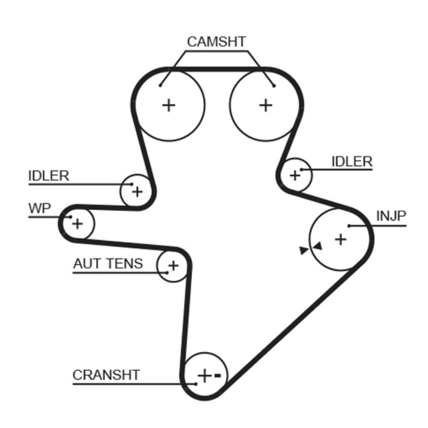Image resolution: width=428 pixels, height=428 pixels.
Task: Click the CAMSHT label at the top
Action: pyautogui.click(x=216, y=42)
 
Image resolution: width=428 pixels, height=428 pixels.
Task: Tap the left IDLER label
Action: pyautogui.click(x=49, y=175)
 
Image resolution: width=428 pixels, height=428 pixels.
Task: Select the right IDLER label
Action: pyautogui.click(x=352, y=162)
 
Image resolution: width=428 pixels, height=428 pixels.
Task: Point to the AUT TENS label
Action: pyautogui.click(x=108, y=263)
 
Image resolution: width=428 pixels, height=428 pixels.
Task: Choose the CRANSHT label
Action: pyautogui.click(x=106, y=375)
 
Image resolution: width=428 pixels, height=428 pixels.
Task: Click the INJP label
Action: pyautogui.click(x=391, y=216)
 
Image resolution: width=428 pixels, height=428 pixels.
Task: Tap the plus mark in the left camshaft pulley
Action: pyautogui.click(x=168, y=105)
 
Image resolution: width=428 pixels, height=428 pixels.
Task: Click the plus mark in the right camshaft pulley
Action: pyautogui.click(x=266, y=105)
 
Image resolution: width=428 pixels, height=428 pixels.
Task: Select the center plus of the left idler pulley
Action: pyautogui.click(x=137, y=192)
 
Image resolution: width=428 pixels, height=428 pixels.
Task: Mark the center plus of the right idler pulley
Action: pyautogui.click(x=295, y=175)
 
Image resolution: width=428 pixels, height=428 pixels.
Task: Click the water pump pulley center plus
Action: pyautogui.click(x=78, y=223)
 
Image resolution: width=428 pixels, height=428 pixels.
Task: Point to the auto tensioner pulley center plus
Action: pyautogui.click(x=174, y=265)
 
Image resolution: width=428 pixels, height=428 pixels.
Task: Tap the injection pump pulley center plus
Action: pyautogui.click(x=340, y=239)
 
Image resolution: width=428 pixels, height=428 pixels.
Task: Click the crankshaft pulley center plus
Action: pyautogui.click(x=204, y=376)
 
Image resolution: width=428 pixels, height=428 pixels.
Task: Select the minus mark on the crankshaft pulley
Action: pyautogui.click(x=217, y=376)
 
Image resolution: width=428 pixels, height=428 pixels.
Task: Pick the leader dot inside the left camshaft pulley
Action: pyautogui.click(x=161, y=85)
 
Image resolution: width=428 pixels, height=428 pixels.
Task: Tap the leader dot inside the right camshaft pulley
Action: pyautogui.click(x=274, y=85)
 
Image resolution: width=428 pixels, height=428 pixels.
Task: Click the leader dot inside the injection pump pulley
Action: pyautogui.click(x=349, y=225)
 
